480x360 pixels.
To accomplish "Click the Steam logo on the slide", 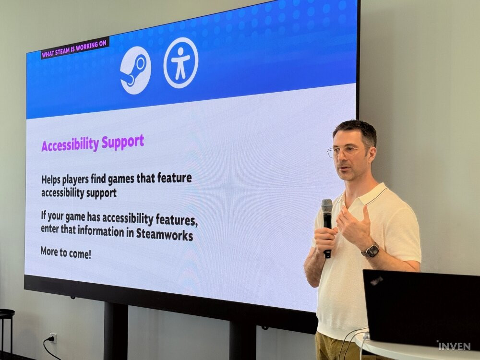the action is click(135, 70).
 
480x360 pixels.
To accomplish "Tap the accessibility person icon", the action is click(180, 63).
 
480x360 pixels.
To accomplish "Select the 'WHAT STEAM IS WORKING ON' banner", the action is click(75, 48).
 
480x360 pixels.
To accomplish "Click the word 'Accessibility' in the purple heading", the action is click(70, 145).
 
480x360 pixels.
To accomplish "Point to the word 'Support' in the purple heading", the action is click(122, 142).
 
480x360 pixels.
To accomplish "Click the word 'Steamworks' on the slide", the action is click(164, 234).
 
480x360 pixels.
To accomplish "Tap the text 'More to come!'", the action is click(66, 252).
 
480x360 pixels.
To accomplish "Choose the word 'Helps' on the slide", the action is click(51, 180).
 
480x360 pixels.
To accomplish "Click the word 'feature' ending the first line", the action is click(175, 178).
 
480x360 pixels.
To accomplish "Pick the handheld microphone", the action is click(327, 227).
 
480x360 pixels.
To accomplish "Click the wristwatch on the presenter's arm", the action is click(371, 250).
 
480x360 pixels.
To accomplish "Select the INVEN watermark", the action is click(454, 346).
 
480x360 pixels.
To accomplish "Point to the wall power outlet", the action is click(53, 338).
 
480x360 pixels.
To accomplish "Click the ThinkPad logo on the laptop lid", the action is click(376, 280).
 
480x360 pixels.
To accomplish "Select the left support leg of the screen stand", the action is click(115, 331).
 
